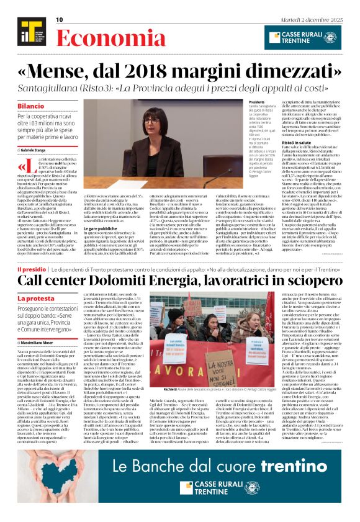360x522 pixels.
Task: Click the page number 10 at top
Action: (60, 20)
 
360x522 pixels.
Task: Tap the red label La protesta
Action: (36, 299)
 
